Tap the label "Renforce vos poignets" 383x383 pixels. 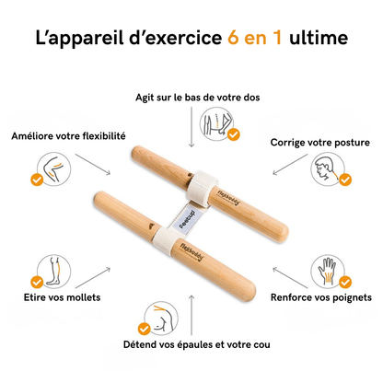pos(321,297)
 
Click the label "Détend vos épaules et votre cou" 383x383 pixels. pos(191,344)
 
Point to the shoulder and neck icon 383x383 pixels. pos(157,315)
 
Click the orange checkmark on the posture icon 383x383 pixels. pos(345,180)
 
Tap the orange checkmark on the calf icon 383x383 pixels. pos(38,282)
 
